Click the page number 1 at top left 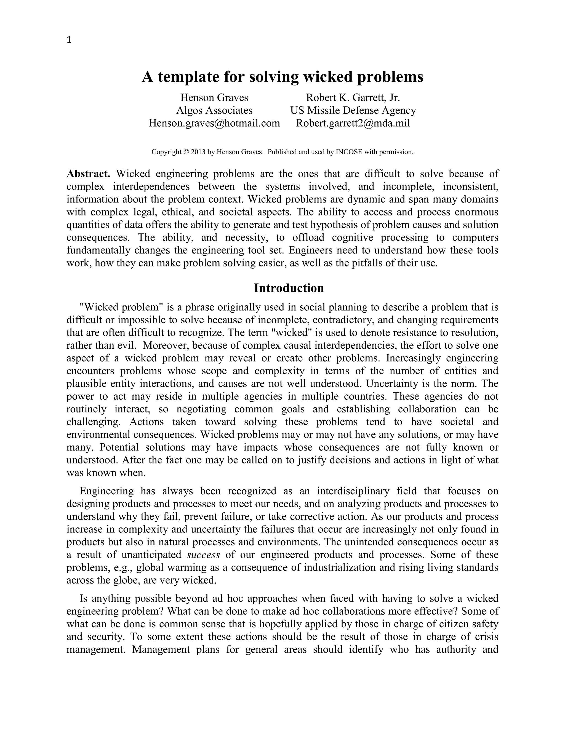point(69,40)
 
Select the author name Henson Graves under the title point(214,97)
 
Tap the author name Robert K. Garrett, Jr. point(353,97)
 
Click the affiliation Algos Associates point(214,110)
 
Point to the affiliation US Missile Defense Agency point(353,110)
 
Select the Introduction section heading point(289,288)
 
